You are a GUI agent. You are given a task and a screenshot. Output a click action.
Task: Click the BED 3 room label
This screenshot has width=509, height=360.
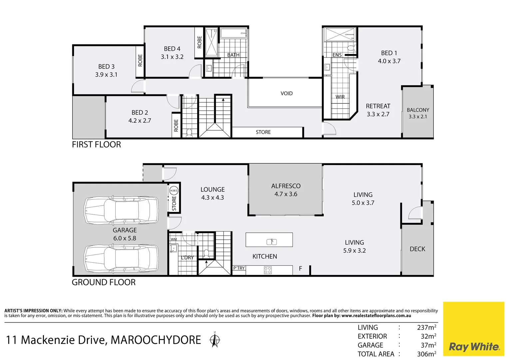click(106, 71)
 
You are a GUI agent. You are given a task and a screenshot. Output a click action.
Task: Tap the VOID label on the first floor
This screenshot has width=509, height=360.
click(286, 93)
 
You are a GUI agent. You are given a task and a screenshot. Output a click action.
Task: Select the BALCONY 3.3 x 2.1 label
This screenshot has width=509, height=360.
click(418, 113)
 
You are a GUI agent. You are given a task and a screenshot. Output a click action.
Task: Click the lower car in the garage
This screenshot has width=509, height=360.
click(121, 259)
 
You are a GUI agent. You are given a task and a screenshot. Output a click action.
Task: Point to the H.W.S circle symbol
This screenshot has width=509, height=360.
click(174, 191)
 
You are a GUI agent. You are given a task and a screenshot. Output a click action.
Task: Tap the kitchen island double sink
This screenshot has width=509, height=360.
click(271, 242)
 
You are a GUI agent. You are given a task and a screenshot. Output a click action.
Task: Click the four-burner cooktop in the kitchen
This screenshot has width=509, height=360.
click(268, 270)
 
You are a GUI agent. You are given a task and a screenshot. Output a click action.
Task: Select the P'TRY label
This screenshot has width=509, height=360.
click(239, 268)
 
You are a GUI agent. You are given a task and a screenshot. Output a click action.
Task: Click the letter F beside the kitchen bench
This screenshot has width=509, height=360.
click(300, 269)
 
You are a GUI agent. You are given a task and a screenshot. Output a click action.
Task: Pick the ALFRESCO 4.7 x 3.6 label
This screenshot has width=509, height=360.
click(286, 190)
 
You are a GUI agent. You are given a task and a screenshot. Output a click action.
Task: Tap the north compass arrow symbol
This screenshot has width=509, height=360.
click(215, 340)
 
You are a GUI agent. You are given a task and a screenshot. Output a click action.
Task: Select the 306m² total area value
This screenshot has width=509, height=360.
click(426, 354)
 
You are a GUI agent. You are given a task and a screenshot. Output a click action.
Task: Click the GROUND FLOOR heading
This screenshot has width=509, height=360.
click(104, 282)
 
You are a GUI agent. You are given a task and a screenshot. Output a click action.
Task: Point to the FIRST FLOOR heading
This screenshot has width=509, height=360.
click(96, 144)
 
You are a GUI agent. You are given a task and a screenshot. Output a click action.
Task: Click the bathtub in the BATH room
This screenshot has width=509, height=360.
click(234, 34)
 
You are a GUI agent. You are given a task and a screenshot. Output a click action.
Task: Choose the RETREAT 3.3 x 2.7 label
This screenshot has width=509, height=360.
click(378, 110)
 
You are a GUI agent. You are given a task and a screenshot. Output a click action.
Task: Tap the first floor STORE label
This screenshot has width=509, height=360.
click(263, 132)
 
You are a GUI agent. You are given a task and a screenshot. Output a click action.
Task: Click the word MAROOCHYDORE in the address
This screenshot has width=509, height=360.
click(156, 340)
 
